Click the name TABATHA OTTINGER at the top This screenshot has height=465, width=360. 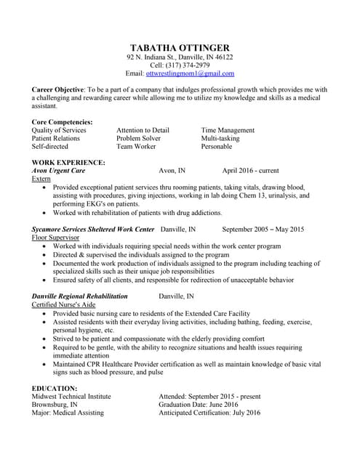pos(180,46)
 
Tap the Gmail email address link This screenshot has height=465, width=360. pos(190,74)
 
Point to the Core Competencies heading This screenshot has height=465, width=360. pos(63,121)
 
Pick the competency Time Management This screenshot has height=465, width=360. pos(228,130)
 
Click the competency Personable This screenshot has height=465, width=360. pos(217,146)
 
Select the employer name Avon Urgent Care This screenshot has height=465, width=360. pos(59,171)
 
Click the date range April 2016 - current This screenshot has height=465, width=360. pos(250,171)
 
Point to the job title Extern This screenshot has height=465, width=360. pos(41,179)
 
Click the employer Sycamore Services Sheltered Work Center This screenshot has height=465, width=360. pos(93,230)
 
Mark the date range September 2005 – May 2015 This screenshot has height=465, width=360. pos(263,230)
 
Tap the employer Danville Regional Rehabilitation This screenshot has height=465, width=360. pos(80,296)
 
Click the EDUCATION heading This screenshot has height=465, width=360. pos(55,389)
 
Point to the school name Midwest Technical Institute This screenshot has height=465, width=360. pos(72,397)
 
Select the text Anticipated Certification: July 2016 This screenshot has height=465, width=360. pos(209,413)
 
